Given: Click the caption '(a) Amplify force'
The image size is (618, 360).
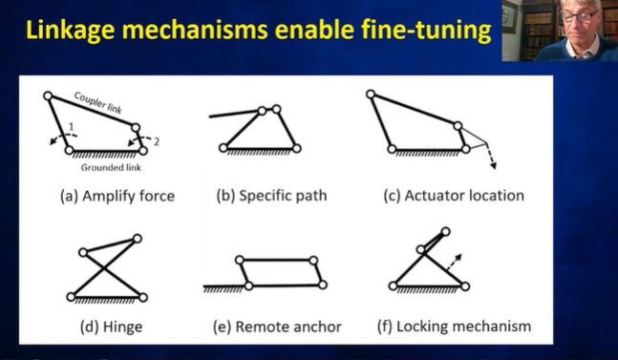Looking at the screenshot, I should click(117, 196).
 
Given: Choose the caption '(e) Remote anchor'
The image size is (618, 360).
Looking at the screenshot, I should click(277, 327).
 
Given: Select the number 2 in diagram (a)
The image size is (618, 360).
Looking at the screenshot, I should click(157, 141).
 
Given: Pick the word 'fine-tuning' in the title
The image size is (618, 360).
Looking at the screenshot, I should click(429, 31).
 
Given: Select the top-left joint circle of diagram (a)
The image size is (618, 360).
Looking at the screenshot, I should click(48, 95).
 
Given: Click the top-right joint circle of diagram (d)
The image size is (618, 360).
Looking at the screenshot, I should click(139, 239).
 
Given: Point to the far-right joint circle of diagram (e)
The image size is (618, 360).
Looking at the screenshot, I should click(324, 284).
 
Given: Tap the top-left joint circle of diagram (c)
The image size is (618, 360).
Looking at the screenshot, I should click(370, 94).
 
